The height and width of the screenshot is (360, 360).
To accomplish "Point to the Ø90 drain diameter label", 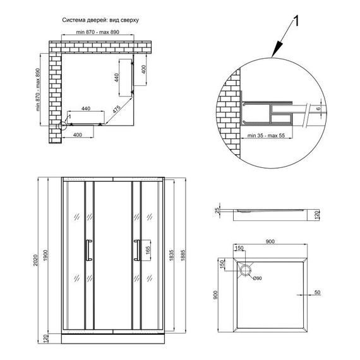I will (258, 278).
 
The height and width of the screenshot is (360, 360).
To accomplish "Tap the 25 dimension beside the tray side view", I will (216, 210).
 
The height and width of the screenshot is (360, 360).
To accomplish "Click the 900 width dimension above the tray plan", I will (270, 242).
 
